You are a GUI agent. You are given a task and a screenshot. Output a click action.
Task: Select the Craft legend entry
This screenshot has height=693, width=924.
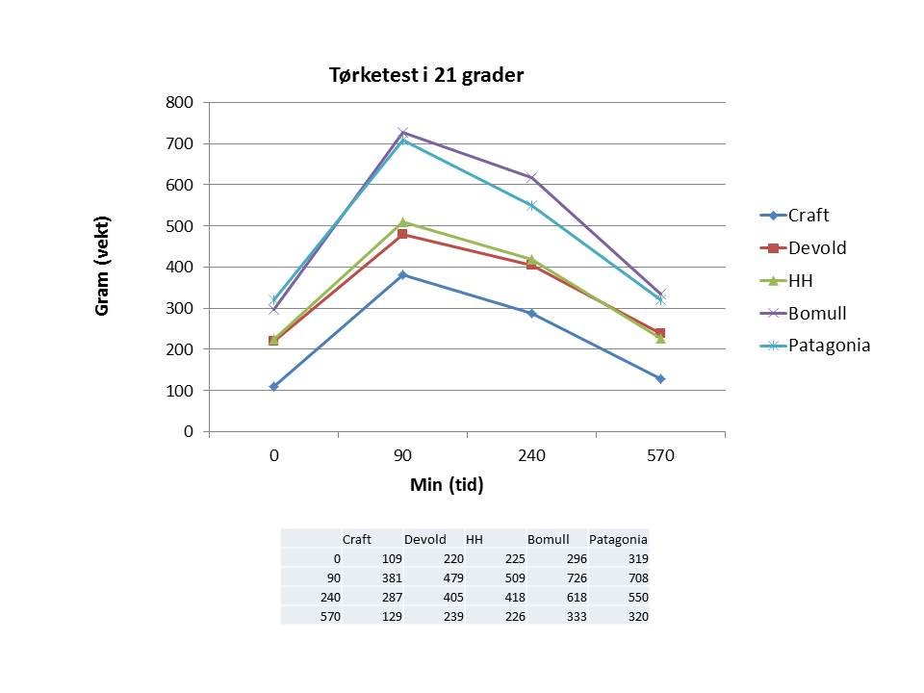point(808,216)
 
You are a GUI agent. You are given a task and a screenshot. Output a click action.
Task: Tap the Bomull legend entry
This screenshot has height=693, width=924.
point(817,313)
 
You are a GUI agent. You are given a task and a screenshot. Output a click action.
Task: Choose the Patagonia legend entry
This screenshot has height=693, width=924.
point(829,346)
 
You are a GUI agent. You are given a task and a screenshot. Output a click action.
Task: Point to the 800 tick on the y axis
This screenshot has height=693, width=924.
point(181,102)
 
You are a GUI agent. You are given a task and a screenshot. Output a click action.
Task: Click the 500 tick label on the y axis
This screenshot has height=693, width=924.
point(181,226)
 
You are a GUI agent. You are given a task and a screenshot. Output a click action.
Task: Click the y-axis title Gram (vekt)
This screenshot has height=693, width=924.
point(103,268)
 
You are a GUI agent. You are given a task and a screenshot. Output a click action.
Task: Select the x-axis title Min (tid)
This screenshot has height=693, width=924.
point(447,485)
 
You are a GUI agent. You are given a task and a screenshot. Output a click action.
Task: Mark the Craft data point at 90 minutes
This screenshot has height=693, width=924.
point(402,274)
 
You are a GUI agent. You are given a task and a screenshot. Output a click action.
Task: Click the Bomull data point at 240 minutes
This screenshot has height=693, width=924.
point(531,177)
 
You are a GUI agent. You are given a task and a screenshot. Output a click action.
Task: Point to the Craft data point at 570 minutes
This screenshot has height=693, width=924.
point(660,378)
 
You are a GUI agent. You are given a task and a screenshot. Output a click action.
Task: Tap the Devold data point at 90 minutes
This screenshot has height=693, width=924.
point(402,234)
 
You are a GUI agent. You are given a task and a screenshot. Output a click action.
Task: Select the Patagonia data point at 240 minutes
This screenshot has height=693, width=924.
point(531,205)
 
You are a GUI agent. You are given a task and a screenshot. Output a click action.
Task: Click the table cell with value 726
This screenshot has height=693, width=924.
point(559,578)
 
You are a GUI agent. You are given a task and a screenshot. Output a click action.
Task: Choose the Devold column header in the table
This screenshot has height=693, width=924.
point(425,540)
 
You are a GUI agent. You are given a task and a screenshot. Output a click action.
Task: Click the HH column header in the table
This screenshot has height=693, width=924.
point(475,540)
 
